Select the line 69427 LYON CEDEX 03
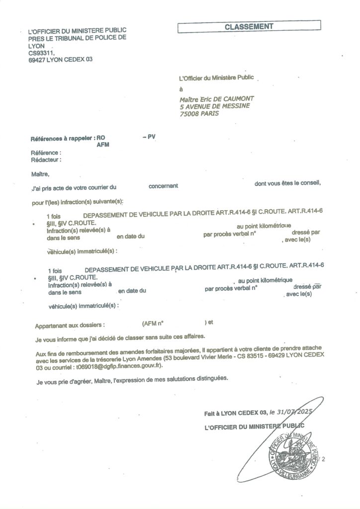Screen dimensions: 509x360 [61, 60]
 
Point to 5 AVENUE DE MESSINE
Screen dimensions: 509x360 [215, 106]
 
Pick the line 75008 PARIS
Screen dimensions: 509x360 [199, 113]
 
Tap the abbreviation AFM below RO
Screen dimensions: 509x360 [103, 145]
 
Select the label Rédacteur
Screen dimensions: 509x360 [46, 160]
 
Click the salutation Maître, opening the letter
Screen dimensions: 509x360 [40, 174]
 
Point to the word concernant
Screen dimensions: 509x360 [163, 186]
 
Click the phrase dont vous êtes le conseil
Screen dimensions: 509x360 [287, 183]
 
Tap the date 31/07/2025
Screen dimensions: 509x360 [297, 412]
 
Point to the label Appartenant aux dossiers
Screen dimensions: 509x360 [70, 325]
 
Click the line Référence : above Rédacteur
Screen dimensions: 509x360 [46, 153]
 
